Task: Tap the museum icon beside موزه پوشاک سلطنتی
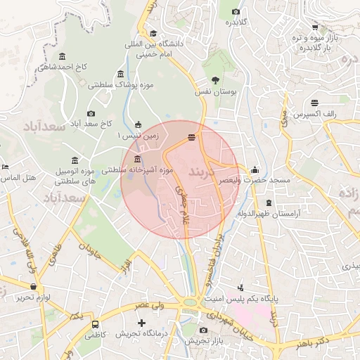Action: tap(121, 75)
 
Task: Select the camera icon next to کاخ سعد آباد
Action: tap(91, 113)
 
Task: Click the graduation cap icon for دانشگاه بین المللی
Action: tap(153, 33)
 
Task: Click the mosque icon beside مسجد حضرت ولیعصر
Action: tap(254, 169)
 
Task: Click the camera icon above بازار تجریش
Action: tap(204, 330)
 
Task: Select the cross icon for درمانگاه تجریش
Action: tap(143, 323)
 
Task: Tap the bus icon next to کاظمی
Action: tap(95, 325)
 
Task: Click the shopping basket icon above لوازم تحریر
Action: tap(34, 286)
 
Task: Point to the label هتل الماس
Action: tap(18, 178)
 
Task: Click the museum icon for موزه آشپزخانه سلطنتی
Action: tap(136, 160)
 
